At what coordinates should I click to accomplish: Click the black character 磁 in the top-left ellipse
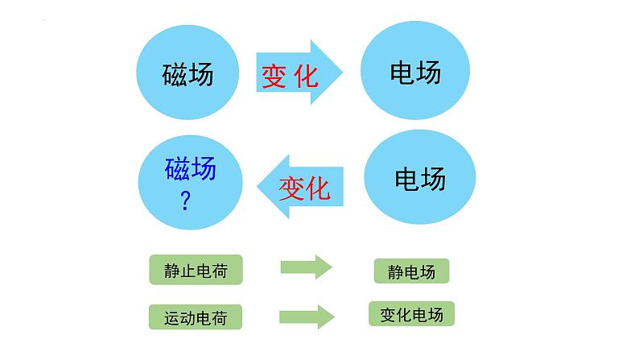[x=174, y=75]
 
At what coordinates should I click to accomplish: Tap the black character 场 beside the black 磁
[x=201, y=75]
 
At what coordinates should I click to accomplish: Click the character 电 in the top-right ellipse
[x=402, y=72]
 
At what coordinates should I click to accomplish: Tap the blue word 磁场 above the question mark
[x=191, y=170]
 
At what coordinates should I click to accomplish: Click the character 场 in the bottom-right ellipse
[x=433, y=177]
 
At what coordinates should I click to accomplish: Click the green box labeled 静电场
[x=411, y=271]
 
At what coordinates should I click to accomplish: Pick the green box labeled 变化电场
[x=412, y=314]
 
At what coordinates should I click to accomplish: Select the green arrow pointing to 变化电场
[x=306, y=316]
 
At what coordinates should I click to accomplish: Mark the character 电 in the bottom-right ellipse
[x=406, y=177]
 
